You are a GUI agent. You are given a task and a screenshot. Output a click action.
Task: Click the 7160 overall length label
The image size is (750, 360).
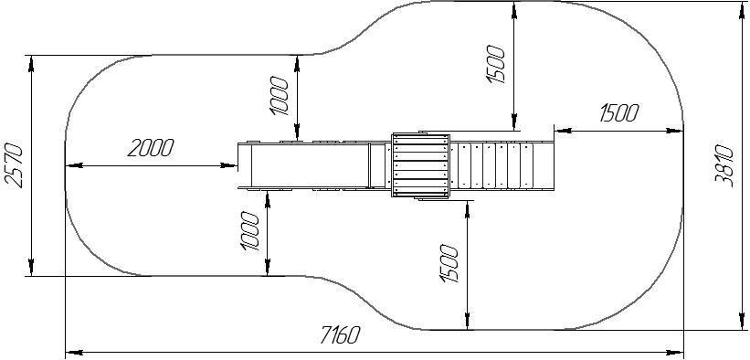click(339, 335)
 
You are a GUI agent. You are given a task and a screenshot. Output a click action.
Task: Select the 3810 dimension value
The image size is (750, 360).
click(724, 165)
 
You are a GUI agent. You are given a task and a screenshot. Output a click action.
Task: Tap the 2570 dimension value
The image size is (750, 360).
click(13, 165)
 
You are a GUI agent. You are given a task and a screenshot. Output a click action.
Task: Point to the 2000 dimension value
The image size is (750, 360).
click(151, 148)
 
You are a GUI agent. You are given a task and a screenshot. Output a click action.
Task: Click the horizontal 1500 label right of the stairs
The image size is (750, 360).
click(619, 113)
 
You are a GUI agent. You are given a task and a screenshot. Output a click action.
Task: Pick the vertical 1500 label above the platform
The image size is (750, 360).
click(495, 64)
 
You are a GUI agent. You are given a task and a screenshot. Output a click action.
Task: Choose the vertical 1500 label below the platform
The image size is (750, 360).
click(449, 263)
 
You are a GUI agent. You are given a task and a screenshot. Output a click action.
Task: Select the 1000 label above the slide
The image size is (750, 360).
click(280, 96)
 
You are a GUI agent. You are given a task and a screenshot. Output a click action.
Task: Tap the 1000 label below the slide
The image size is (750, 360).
click(249, 231)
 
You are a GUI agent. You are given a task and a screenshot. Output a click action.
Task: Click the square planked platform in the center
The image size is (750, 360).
click(421, 165)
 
